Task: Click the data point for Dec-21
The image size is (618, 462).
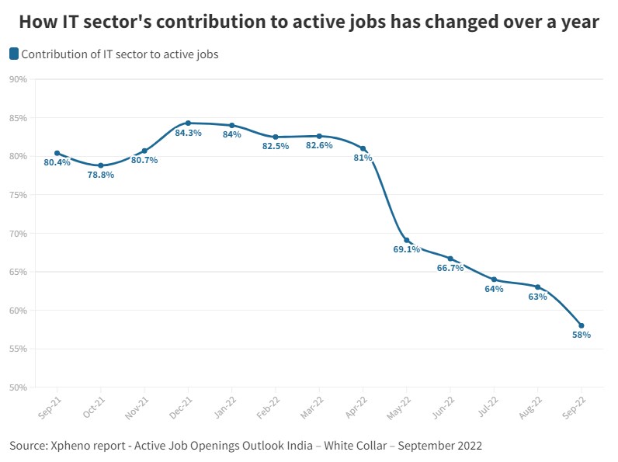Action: [188, 123]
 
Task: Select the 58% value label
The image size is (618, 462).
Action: [582, 335]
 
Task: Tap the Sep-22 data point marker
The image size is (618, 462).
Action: [582, 325]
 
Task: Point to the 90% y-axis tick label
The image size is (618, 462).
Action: [19, 79]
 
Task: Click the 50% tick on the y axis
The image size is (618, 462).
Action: [19, 387]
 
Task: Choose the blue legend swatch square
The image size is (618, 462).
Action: [14, 54]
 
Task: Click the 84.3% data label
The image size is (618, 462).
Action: [189, 133]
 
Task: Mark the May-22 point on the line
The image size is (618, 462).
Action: [407, 240]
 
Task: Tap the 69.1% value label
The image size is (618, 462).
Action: [407, 250]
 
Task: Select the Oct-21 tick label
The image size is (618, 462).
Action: [95, 405]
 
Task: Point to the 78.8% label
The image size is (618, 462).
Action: [101, 175]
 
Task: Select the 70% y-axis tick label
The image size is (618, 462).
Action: [19, 233]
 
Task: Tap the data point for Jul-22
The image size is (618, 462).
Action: [494, 280]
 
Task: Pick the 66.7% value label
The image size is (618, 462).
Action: [450, 268]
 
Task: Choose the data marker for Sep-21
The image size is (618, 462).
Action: [57, 153]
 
